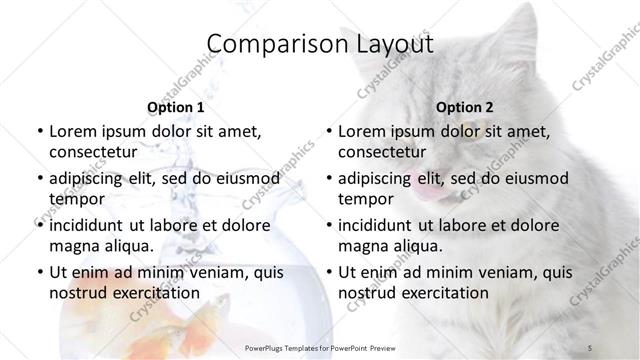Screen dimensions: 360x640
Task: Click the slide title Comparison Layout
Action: coord(320,45)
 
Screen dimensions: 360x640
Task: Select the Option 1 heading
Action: coord(175,107)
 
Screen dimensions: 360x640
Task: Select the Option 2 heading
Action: coord(465,107)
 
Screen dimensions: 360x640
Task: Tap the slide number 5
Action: coord(590,347)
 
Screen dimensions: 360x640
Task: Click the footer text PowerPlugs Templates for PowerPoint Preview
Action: coord(319,347)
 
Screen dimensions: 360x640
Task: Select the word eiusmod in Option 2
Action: coord(535,178)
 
